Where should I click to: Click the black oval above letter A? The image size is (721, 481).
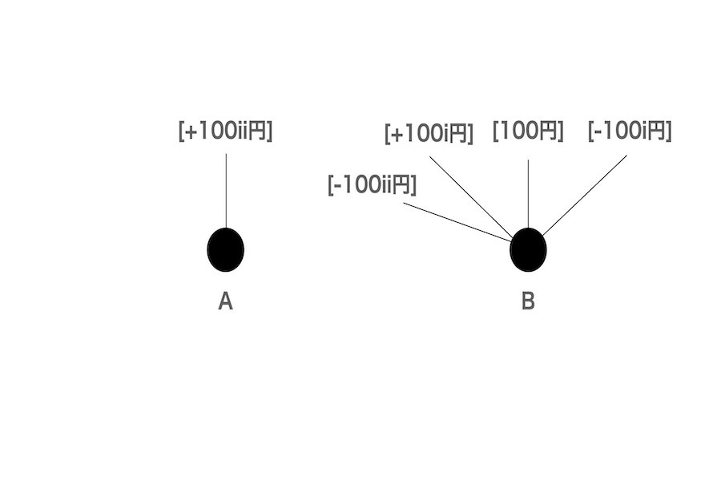tap(225, 249)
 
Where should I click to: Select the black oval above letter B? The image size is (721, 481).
tap(528, 249)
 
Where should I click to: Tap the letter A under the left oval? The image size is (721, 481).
tap(225, 302)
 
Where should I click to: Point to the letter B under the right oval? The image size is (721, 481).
tap(528, 301)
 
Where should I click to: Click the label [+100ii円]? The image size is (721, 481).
tap(225, 131)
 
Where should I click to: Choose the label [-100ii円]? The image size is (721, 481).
tap(372, 184)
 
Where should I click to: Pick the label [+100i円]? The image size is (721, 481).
tap(429, 134)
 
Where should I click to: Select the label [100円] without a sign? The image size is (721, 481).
tap(528, 131)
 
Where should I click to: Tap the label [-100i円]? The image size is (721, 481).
tap(630, 131)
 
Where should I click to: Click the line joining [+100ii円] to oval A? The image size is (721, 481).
tap(226, 191)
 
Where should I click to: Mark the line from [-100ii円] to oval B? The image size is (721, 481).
tap(458, 222)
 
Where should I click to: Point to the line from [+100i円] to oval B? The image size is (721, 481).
tap(471, 196)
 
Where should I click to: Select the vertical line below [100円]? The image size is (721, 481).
tap(528, 194)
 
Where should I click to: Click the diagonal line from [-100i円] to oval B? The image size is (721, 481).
tap(585, 196)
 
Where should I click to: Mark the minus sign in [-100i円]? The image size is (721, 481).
tap(597, 132)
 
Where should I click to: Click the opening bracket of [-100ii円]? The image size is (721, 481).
tap(330, 185)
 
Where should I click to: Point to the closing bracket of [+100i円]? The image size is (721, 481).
tap(470, 134)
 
